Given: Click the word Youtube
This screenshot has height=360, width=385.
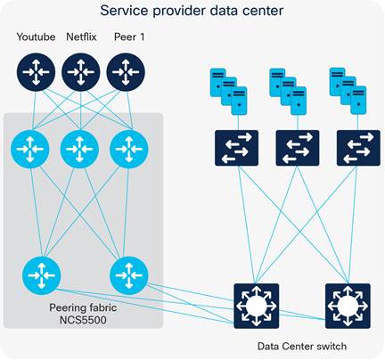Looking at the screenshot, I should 36,37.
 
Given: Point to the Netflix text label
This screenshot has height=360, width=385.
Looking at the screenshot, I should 81,37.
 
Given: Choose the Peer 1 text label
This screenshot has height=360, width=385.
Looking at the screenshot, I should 126,37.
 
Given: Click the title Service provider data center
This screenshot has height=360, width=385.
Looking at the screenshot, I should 192,12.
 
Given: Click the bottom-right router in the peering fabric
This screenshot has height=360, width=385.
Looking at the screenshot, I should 127,275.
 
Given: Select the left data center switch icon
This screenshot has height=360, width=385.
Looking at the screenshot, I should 256,306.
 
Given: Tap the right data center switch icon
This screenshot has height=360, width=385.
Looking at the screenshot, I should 348,306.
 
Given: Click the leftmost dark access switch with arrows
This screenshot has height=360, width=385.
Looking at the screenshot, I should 236,148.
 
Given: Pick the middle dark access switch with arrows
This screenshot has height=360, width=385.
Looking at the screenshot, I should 297,148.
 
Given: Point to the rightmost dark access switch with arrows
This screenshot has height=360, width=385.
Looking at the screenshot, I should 357,148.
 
